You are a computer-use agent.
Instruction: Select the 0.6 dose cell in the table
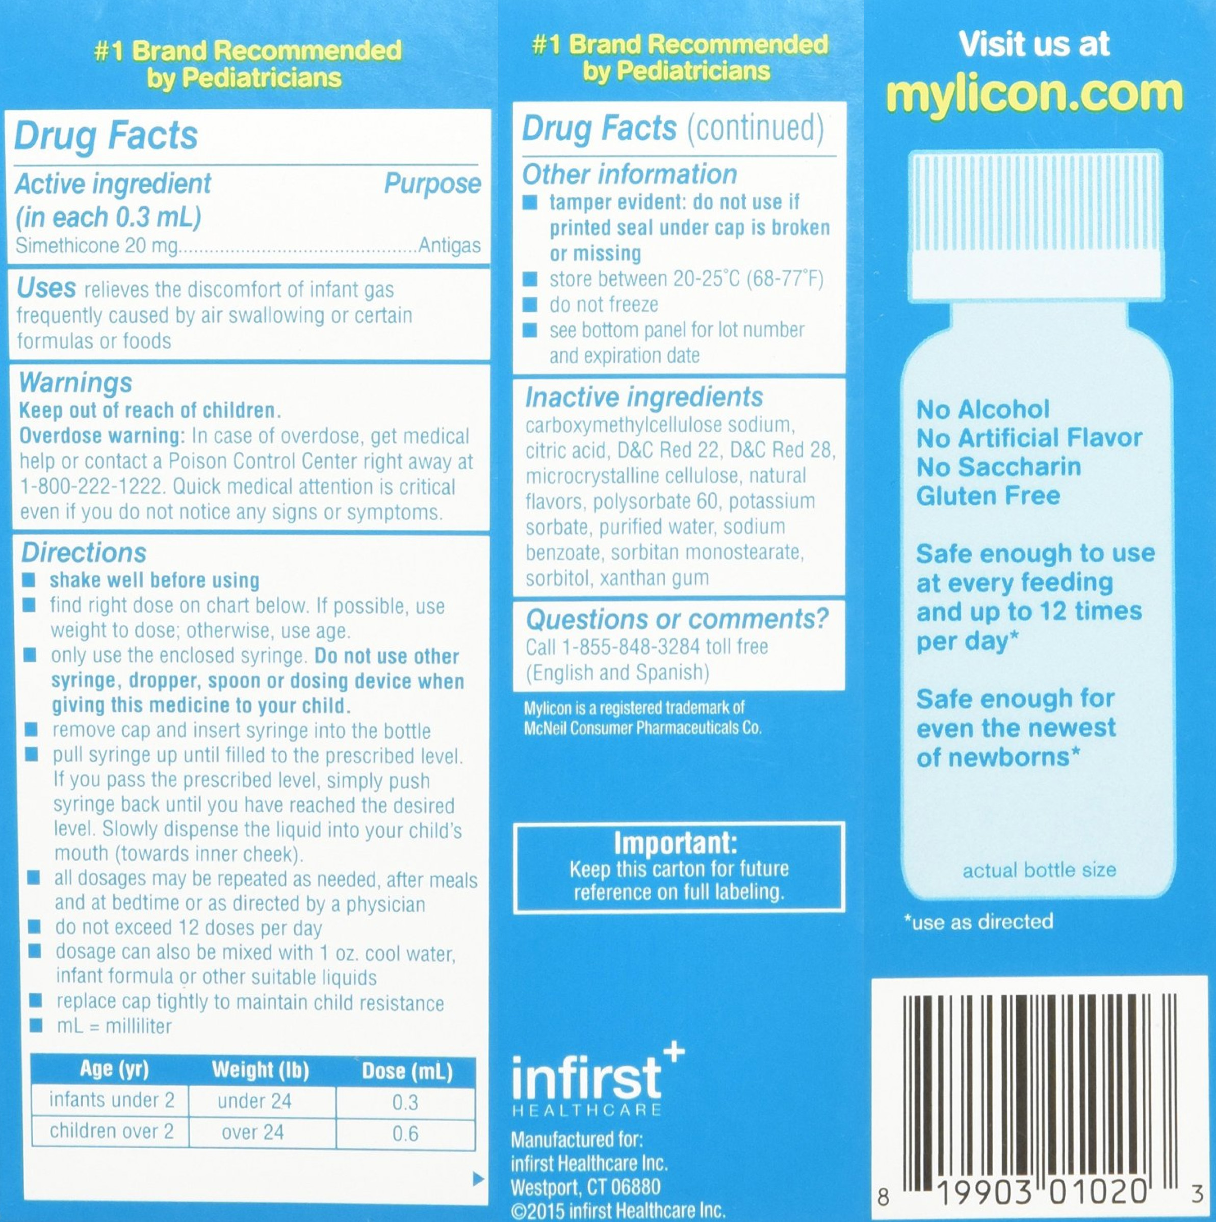coord(405,1133)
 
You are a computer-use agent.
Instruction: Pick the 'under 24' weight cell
coord(254,1101)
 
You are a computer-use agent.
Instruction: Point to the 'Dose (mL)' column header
coord(407,1071)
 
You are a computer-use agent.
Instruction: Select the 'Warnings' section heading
coord(76,383)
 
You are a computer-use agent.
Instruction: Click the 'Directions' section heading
coord(84,553)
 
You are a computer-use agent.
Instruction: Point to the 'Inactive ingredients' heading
coord(644,397)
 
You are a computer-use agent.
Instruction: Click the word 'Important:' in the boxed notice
coord(675,843)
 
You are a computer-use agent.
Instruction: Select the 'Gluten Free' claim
coord(988,496)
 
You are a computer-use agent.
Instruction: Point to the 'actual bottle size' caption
coord(1039,870)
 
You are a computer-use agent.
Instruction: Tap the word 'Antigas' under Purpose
coord(449,246)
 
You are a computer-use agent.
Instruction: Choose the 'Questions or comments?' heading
coord(677,620)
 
